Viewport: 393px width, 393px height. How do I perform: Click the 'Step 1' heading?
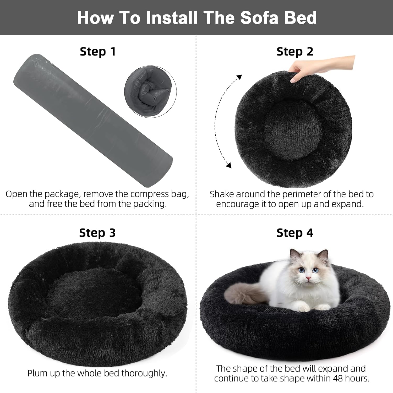click(98, 52)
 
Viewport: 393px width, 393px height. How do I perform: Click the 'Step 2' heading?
click(295, 52)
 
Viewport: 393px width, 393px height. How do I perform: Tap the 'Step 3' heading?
click(97, 233)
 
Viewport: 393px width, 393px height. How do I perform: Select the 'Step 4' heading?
click(295, 233)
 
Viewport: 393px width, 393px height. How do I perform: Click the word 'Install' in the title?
click(172, 18)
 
